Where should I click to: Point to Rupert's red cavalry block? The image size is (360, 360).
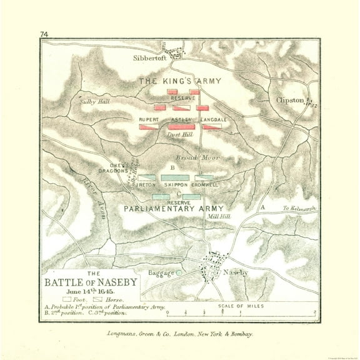click(x=148, y=127)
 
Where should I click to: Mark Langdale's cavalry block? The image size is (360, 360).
click(x=211, y=127)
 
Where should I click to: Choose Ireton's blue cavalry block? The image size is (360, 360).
click(x=147, y=177)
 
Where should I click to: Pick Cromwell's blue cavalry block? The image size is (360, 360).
click(x=204, y=177)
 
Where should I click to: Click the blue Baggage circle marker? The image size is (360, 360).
click(x=179, y=272)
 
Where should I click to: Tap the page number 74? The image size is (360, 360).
click(x=44, y=34)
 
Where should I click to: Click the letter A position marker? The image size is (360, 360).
click(x=263, y=207)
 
